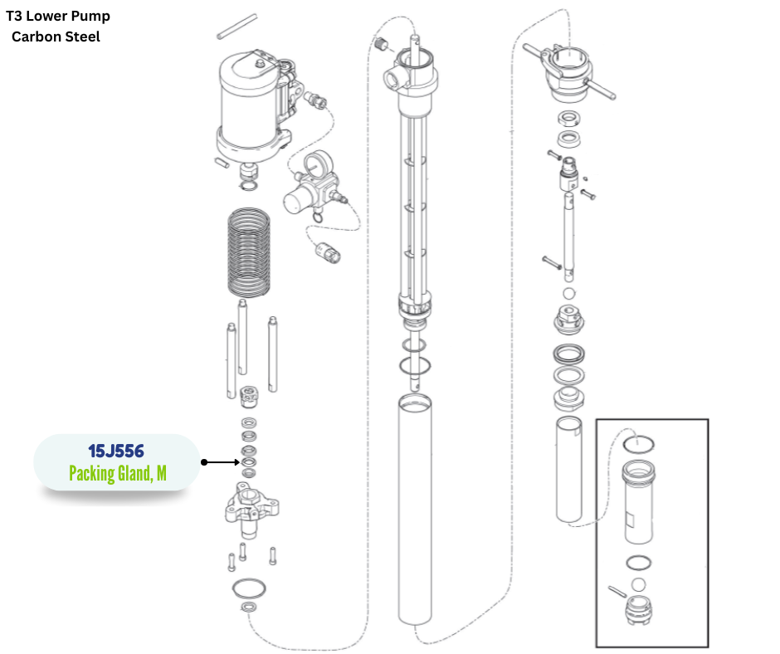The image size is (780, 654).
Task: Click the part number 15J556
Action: (x=116, y=451)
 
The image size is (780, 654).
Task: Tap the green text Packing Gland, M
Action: (x=117, y=473)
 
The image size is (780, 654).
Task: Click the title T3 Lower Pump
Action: (x=58, y=16)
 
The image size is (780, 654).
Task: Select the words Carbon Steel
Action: (x=56, y=37)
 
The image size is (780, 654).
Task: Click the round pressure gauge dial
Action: (x=314, y=163)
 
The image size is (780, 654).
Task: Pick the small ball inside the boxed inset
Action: (x=638, y=585)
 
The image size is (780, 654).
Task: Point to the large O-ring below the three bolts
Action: (x=249, y=588)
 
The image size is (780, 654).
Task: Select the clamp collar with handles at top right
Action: (x=571, y=71)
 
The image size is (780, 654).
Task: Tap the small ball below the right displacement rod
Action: (x=569, y=294)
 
